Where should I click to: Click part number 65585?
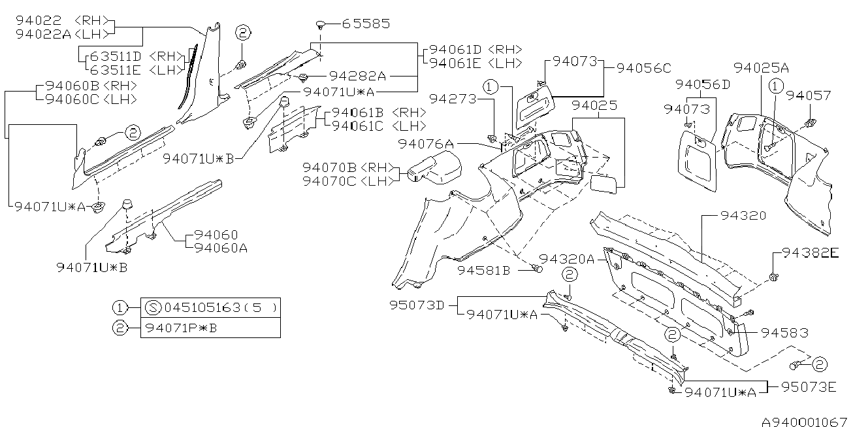point(366,24)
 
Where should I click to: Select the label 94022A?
point(43,34)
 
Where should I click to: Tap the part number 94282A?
point(357,77)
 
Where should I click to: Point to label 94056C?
point(643,68)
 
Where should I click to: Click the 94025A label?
point(761,68)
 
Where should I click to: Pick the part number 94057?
point(809,95)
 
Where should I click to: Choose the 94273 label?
point(453,99)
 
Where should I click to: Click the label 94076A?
point(426,144)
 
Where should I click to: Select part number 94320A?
point(567,259)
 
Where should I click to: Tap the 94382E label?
point(811,252)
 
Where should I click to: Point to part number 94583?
point(784,333)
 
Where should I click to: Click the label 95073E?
point(809,387)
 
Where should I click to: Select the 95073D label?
point(417,305)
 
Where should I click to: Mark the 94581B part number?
point(483,270)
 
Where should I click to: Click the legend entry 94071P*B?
point(182,328)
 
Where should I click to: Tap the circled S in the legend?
point(153,307)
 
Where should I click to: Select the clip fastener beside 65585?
point(321,25)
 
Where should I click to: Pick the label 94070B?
point(329,167)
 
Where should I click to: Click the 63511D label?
point(116,56)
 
